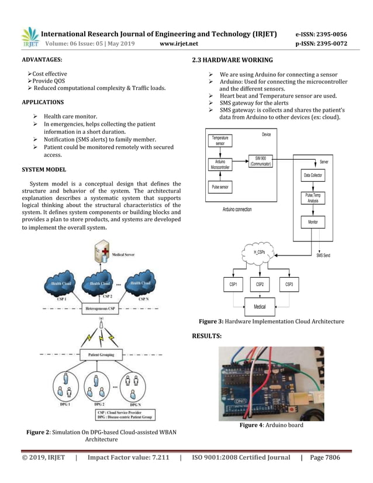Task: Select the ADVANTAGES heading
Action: coord(43,60)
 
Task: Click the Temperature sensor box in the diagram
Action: coord(220,140)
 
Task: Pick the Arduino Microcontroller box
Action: coord(220,164)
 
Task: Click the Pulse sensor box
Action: coord(220,187)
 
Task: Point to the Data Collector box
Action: coord(313,175)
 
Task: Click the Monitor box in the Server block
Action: coord(313,223)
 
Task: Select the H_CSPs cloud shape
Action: coord(260,253)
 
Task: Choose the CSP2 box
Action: coord(260,285)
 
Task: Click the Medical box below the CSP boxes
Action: coord(260,306)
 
